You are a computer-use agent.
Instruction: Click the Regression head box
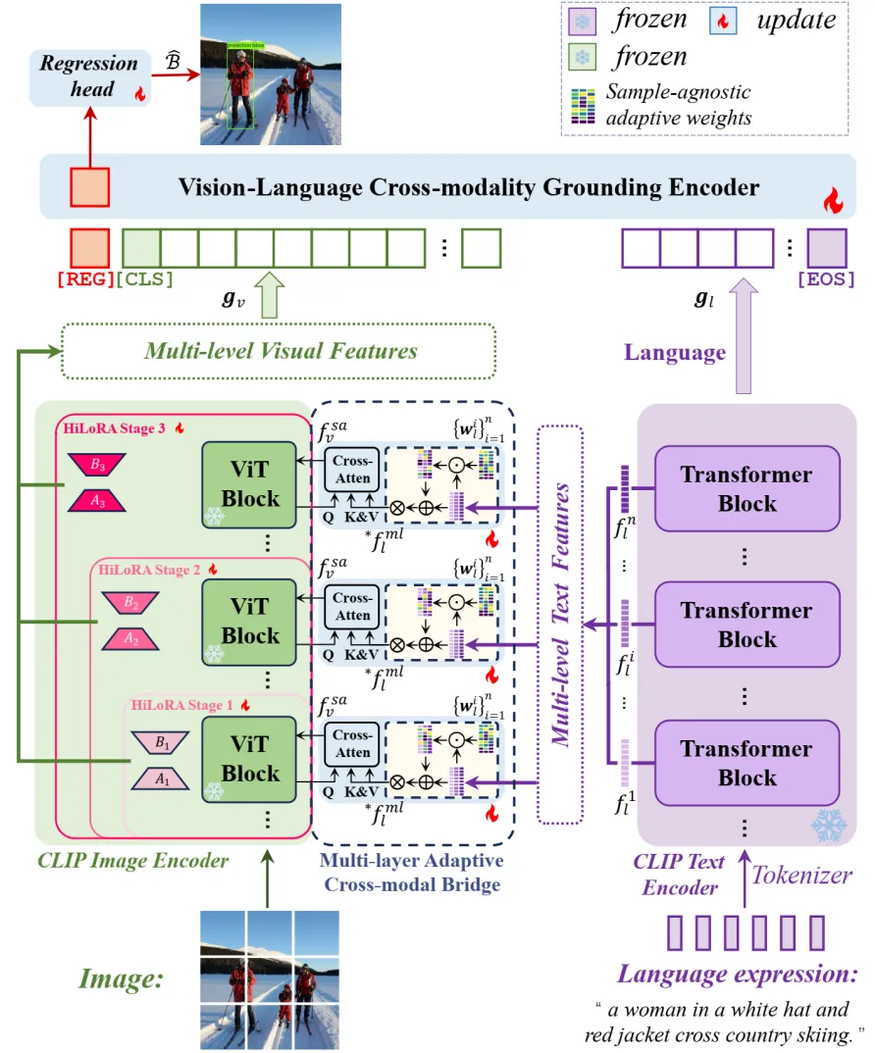coord(89,77)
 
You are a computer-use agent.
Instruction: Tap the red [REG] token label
coord(86,279)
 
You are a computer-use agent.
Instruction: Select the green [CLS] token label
coord(145,279)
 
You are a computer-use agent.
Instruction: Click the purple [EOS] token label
coord(826,279)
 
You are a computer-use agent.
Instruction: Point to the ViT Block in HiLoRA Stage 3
coord(250,482)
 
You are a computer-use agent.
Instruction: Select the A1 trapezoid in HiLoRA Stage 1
coord(162,780)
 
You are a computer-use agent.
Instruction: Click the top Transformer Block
coord(746,489)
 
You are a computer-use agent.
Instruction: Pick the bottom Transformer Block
coord(746,763)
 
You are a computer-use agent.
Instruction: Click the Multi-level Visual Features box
coord(280,351)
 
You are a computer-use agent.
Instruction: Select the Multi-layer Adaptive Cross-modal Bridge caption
coord(409,872)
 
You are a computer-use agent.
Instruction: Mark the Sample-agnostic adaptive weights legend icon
coord(586,105)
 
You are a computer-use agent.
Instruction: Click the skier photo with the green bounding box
coord(270,75)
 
